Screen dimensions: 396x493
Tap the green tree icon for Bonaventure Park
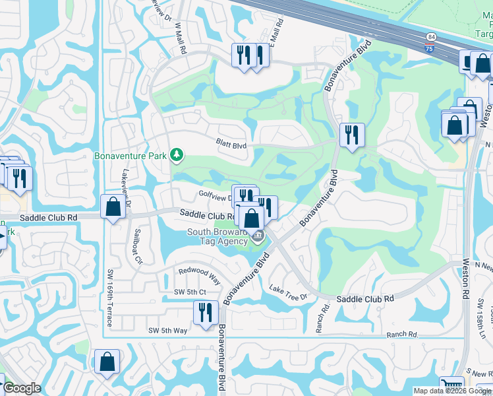coord(176,156)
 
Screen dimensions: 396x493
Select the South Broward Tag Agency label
coord(217,236)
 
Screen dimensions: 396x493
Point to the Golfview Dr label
coord(214,195)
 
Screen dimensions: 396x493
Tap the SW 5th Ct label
coord(190,292)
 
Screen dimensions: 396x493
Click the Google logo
coord(22,388)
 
